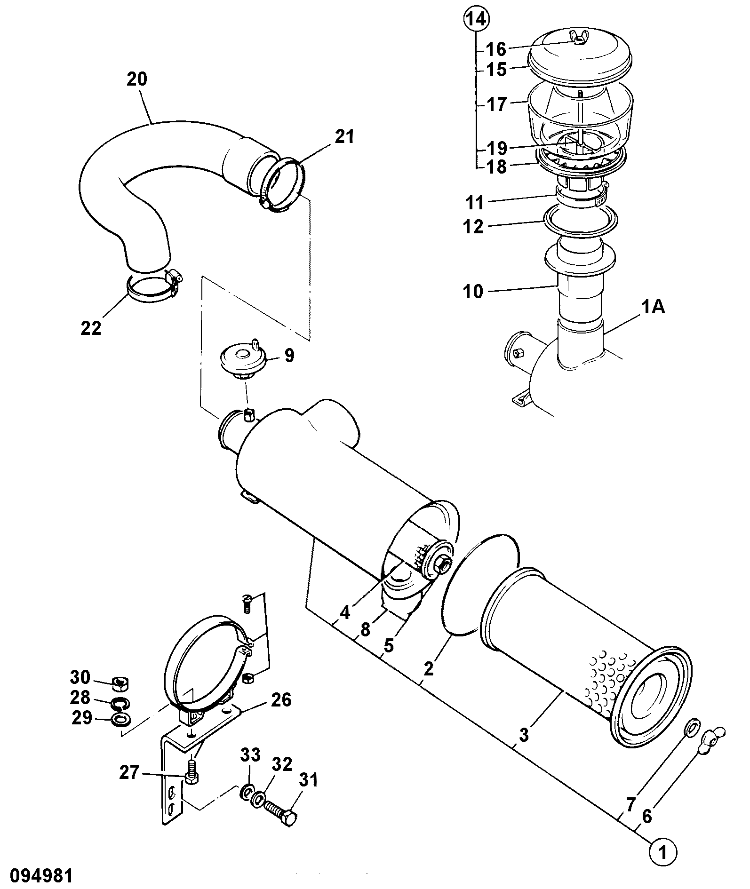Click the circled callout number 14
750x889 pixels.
[x=476, y=19]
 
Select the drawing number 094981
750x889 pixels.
[x=37, y=876]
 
